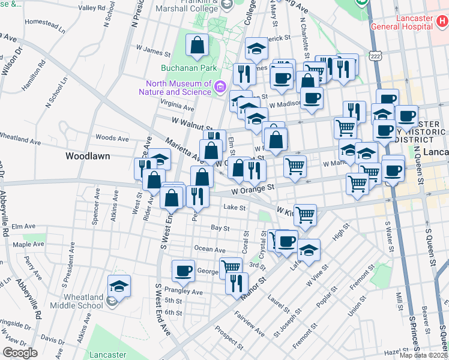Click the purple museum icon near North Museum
point(220,88)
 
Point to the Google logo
point(20,352)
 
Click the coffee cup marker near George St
point(183,270)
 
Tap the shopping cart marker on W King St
point(306,214)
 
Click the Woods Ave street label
point(112,138)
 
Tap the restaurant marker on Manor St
point(237,282)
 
